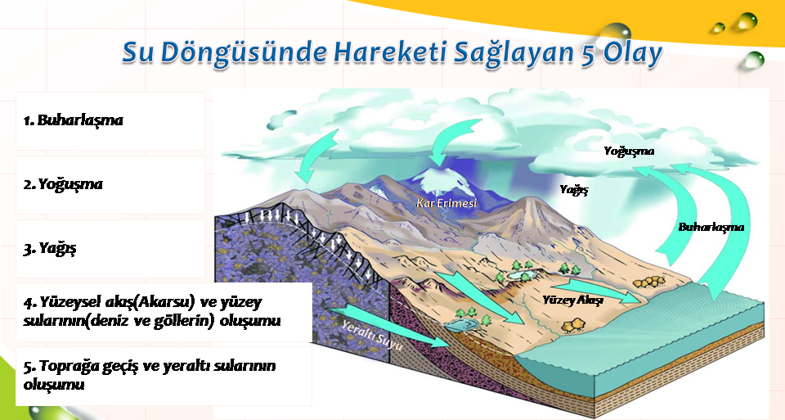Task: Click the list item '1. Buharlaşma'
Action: click(x=73, y=120)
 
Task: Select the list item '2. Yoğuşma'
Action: click(x=63, y=184)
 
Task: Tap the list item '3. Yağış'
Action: click(x=50, y=249)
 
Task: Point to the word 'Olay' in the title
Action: click(x=632, y=53)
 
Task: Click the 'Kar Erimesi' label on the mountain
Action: click(x=446, y=203)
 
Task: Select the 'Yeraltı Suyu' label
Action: click(x=372, y=334)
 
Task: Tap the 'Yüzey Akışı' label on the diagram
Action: click(x=572, y=300)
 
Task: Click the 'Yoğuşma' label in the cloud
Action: click(x=629, y=151)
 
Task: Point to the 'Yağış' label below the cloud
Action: click(x=574, y=189)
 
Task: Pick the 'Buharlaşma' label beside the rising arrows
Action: click(x=711, y=227)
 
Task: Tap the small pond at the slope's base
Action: click(x=460, y=326)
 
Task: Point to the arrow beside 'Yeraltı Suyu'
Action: click(x=388, y=327)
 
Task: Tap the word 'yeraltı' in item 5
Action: click(x=185, y=366)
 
